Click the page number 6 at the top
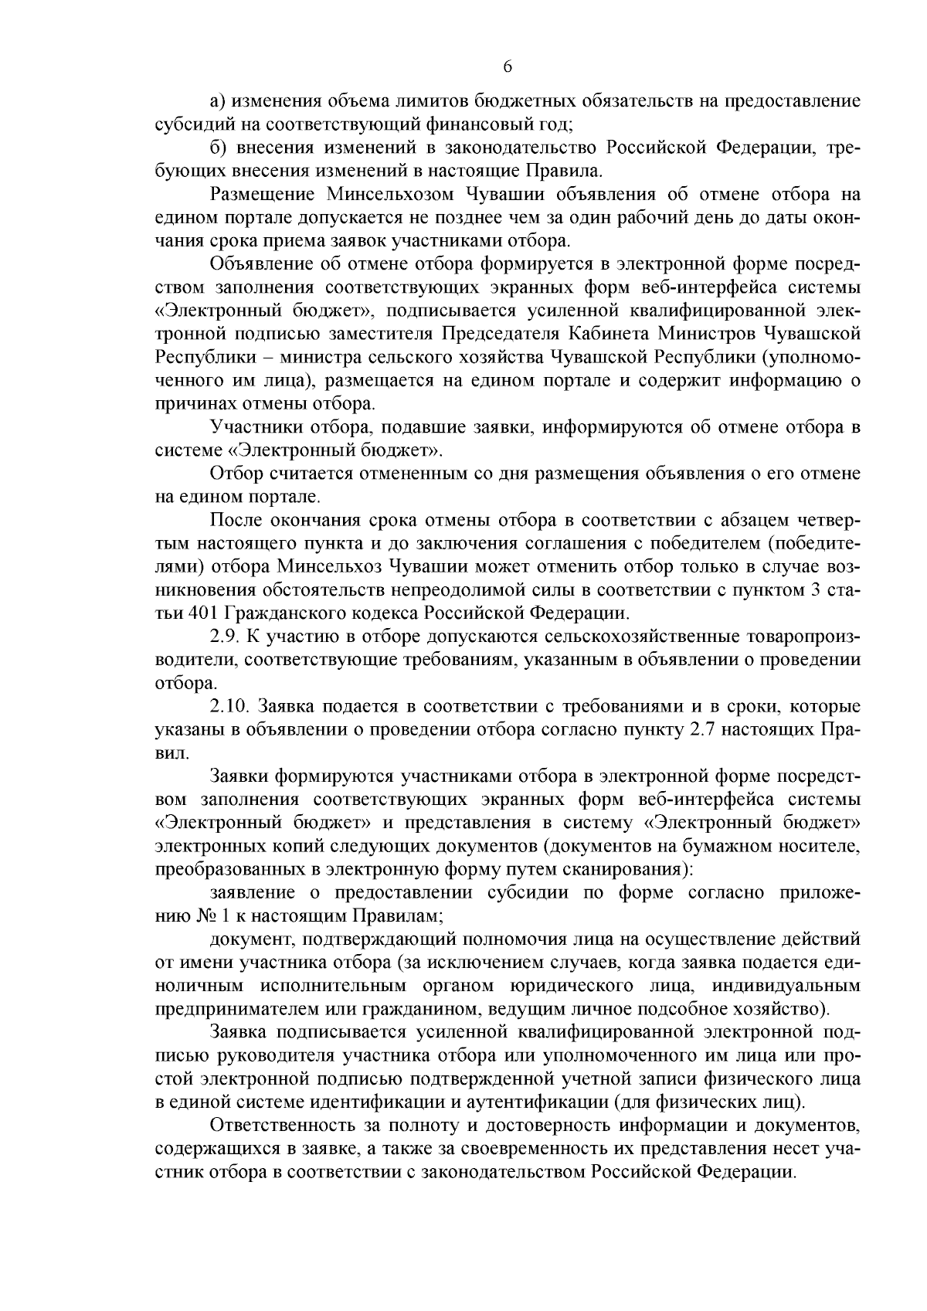[508, 67]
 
